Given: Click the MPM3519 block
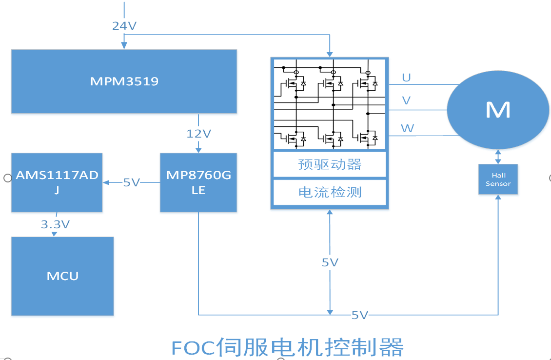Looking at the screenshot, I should click(124, 81).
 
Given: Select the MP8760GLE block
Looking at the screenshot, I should click(198, 182).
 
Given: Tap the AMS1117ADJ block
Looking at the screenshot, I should click(57, 182).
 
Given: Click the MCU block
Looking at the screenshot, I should click(62, 276).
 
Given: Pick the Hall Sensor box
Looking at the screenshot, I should click(498, 180).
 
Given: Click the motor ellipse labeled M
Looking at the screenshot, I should click(498, 110).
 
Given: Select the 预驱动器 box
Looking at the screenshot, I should click(330, 164).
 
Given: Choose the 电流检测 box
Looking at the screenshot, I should click(330, 192).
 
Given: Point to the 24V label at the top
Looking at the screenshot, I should click(124, 26).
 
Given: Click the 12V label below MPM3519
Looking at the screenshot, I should click(198, 133).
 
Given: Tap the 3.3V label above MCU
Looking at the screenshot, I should click(55, 224).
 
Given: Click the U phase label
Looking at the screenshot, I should click(406, 78).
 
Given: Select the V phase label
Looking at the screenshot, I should click(406, 101).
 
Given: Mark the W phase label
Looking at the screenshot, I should click(407, 128).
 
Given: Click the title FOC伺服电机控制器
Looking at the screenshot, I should click(287, 347).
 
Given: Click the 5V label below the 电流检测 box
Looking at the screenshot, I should click(330, 262).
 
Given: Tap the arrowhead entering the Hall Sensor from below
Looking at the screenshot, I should click(498, 198).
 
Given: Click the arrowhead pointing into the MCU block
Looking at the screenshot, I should click(55, 234).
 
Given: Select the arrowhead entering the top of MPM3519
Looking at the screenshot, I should click(124, 45).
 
